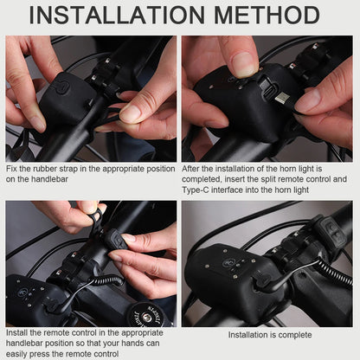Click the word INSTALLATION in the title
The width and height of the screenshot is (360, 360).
coord(117,15)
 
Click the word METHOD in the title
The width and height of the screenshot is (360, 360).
coord(267,15)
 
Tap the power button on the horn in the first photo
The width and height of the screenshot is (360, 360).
coord(62,87)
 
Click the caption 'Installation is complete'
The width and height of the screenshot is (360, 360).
coord(270,335)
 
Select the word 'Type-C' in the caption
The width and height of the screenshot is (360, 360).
coord(194,190)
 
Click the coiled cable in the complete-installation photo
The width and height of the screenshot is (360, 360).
coord(335,273)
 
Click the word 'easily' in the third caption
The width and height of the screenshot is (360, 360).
coord(16,354)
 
